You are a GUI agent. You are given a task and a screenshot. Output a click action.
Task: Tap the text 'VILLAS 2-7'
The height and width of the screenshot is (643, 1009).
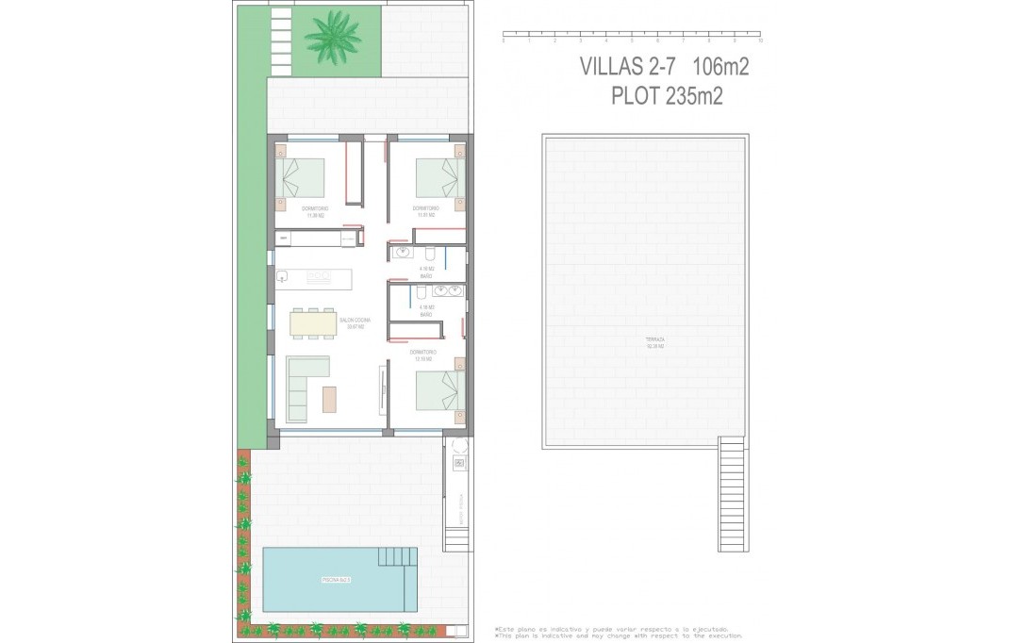pyautogui.click(x=630, y=66)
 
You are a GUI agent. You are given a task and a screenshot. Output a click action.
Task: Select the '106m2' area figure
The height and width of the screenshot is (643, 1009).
pyautogui.click(x=720, y=66)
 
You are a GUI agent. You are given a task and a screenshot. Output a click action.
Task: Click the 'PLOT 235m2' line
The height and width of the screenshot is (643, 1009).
pyautogui.click(x=667, y=96)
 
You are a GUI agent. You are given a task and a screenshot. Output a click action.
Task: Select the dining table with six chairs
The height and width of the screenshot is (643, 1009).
pyautogui.click(x=312, y=322)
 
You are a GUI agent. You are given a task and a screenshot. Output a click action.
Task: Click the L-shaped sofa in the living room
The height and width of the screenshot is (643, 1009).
pyautogui.click(x=304, y=387)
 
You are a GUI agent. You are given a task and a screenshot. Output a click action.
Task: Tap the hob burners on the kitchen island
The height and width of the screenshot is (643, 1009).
pyautogui.click(x=318, y=278)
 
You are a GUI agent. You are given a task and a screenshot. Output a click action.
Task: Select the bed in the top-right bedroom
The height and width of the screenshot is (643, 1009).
pyautogui.click(x=438, y=177)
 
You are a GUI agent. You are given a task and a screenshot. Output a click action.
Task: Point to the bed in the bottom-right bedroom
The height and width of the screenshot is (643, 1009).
pyautogui.click(x=438, y=389)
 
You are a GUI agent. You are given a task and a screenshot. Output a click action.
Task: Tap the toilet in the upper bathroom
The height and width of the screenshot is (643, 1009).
pyautogui.click(x=429, y=254)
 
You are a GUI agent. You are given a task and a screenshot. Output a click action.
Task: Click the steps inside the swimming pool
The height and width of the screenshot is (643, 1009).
pyautogui.click(x=396, y=558)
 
